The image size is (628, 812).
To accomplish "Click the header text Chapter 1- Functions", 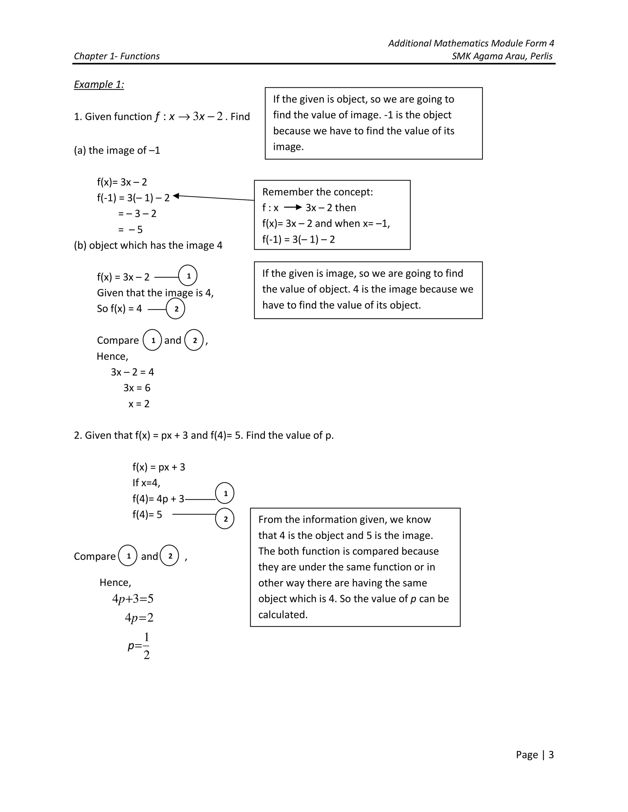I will coord(117,56).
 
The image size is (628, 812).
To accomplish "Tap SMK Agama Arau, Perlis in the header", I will coord(502,56).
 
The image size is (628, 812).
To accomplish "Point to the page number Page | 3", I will coord(534,754).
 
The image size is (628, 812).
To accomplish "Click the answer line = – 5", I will coord(130,230).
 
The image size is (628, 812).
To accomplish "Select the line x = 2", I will coord(139,404).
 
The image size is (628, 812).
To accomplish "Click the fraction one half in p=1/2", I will coord(147,646).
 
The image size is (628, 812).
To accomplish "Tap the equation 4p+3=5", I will coord(133,599).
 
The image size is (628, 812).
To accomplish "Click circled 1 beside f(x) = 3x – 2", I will coord(188,276).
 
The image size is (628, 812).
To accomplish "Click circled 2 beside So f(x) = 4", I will coord(176,309).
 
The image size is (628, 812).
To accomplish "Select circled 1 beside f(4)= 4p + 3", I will coord(225,493).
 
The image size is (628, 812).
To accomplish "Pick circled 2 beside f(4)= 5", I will coord(225,519).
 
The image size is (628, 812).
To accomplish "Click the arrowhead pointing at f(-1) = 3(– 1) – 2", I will coord(176,195).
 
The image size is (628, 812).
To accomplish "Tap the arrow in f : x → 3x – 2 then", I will coord(293,207).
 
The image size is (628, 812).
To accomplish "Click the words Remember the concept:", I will coord(317,192).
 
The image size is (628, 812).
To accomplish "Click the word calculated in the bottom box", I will coord(283,615).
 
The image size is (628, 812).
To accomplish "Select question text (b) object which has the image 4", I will coord(148,245).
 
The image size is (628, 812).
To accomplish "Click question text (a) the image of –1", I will coord(117,150).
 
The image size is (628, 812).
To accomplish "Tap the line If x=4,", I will coord(146,483).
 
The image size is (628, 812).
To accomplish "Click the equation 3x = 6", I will coord(137,388).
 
